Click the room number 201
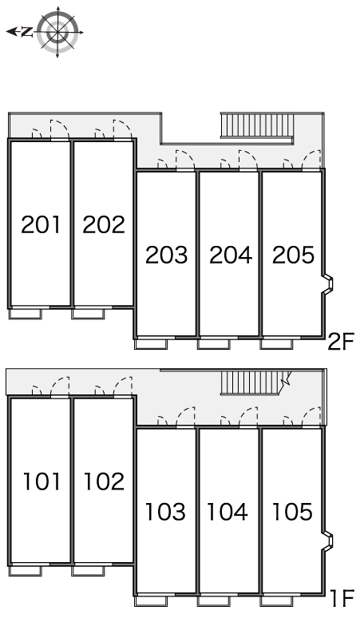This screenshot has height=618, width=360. tap(41, 224)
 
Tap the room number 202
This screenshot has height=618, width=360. tap(104, 224)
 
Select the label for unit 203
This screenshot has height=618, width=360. tap(166, 255)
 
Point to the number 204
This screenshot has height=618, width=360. tap(231, 255)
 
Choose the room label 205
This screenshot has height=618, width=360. tap(294, 255)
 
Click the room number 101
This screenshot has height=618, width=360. tap(42, 481)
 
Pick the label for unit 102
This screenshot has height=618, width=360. tap(104, 481)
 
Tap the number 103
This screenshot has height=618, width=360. tap(165, 511)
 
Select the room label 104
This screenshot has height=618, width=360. tap(227, 511)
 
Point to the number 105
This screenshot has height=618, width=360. tap(292, 511)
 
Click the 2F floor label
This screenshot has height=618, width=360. tap(341, 341)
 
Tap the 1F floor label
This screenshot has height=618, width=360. tap(342, 598)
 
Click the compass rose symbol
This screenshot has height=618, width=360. tap(58, 32)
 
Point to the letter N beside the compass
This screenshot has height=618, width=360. tap(27, 32)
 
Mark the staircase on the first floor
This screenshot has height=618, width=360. tap(255, 382)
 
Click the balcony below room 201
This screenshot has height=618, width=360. tap(26, 314)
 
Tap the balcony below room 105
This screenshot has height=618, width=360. tap(277, 601)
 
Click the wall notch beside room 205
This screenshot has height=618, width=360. tap(328, 283)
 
